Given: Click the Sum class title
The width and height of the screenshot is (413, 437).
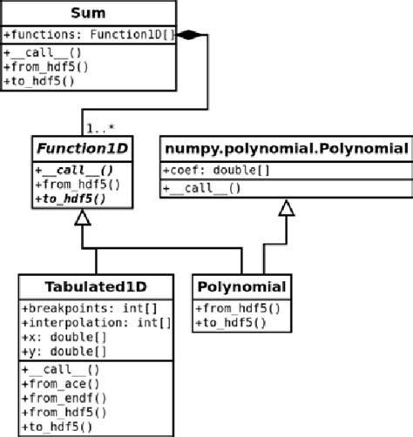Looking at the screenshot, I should [x=87, y=15].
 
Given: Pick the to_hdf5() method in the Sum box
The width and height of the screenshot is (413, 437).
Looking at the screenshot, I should [x=38, y=81].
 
